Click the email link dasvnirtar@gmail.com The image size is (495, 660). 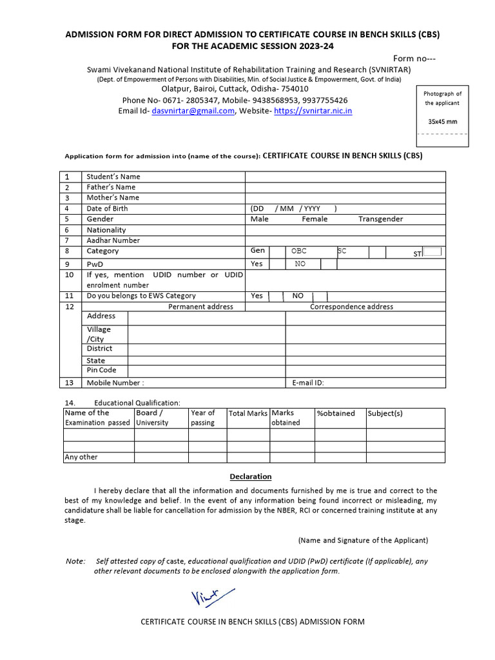coord(193,111)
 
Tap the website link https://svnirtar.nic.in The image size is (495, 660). coord(313,111)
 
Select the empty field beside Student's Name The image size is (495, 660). coord(345,177)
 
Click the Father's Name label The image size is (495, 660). coord(111,187)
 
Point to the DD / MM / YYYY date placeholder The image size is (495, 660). coord(293,208)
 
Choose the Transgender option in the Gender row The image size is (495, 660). coord(380,219)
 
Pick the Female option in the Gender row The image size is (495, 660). coord(315,219)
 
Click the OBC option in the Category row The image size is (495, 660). coord(299,251)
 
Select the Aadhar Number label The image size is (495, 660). coord(113,240)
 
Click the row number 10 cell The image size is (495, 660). coord(70,275)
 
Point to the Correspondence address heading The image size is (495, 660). coord(351,307)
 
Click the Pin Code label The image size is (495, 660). coord(101,370)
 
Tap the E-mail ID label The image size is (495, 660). coord(308,383)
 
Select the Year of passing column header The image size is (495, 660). coord(203,418)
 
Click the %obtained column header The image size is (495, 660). coord(336,413)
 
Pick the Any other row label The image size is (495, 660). coord(81,457)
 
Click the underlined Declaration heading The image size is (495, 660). coord(251,476)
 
